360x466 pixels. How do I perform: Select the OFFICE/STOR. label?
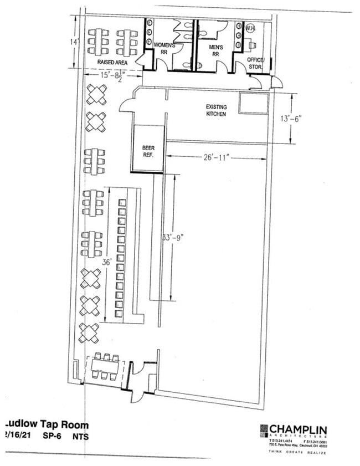tap(255, 63)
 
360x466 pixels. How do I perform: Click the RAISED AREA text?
tap(113, 63)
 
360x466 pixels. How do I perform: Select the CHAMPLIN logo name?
tap(298, 429)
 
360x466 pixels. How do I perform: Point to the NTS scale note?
tap(80, 437)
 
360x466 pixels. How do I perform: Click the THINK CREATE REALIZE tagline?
tap(297, 453)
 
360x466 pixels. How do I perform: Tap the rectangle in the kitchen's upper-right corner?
tap(254, 103)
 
